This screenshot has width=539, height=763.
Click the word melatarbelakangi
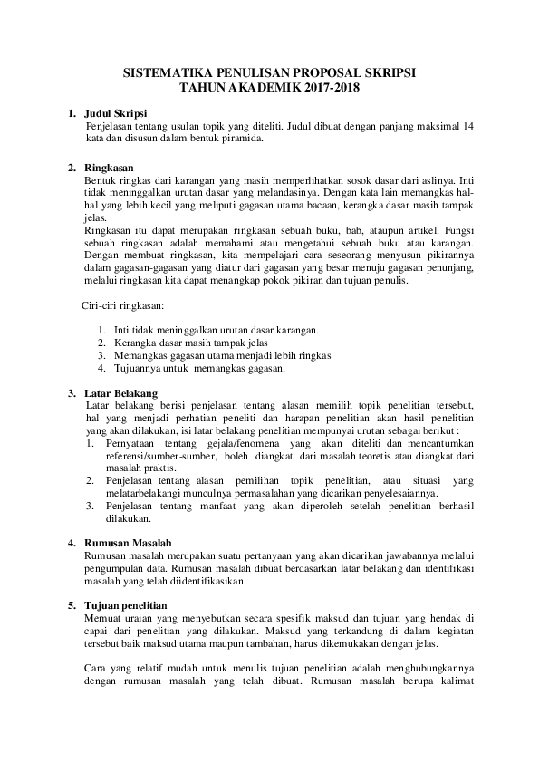coord(148,494)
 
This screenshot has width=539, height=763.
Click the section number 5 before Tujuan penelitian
coord(72,604)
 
